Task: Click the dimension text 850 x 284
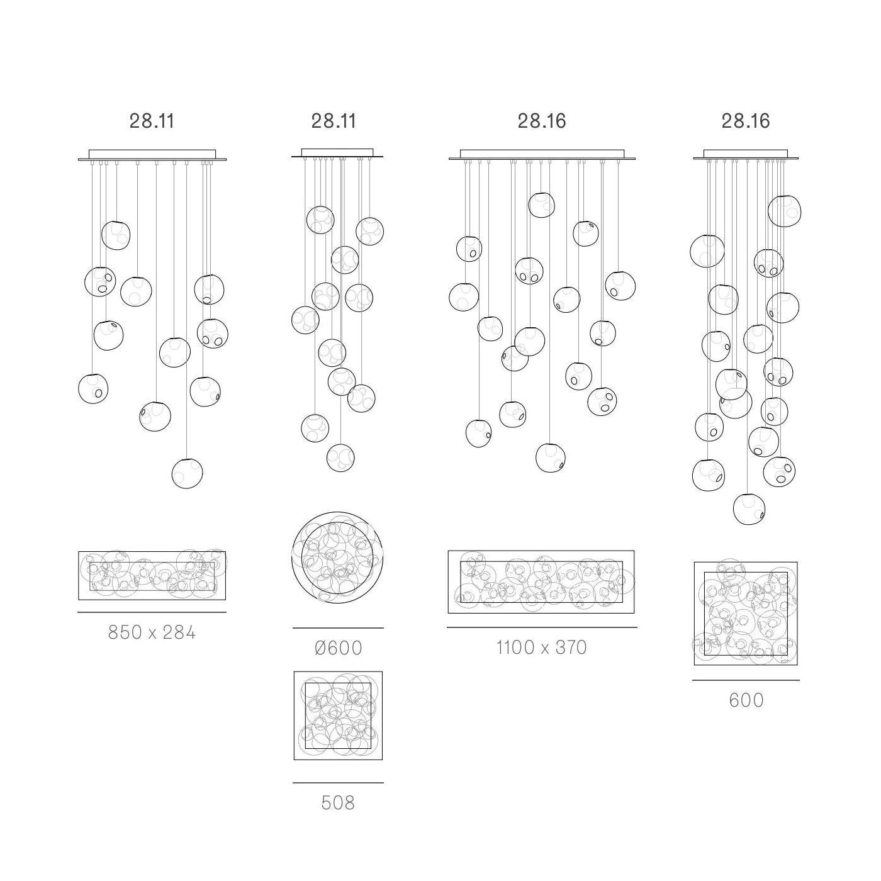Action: [152, 632]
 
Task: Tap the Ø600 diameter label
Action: [339, 648]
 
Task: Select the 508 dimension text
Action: [338, 803]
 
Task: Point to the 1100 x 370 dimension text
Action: [542, 648]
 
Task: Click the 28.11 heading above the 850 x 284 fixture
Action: [152, 121]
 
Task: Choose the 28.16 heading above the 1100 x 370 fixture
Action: [542, 121]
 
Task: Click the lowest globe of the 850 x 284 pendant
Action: [187, 473]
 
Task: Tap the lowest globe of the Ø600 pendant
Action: [340, 457]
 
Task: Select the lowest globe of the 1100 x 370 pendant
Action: [551, 457]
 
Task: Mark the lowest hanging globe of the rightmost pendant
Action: [749, 509]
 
